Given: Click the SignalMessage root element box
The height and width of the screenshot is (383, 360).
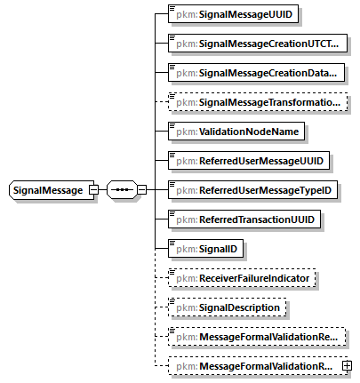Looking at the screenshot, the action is (x=52, y=190).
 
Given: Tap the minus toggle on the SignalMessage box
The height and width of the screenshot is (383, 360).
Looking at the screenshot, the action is (x=93, y=190).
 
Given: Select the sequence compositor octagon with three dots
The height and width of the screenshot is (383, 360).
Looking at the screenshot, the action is (x=122, y=190).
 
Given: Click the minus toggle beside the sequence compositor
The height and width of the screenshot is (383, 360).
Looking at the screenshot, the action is (x=142, y=190).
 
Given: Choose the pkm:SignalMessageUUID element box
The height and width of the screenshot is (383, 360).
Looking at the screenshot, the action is (x=233, y=14).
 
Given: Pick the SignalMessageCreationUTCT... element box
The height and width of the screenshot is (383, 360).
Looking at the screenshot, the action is (x=258, y=44).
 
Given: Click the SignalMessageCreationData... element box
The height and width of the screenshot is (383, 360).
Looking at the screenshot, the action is (x=256, y=73).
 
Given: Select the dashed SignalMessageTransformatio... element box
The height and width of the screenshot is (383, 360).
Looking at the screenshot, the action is (x=258, y=102).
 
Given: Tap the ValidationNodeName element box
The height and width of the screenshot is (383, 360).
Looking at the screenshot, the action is (x=236, y=132).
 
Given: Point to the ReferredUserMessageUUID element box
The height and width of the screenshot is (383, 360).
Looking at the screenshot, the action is (x=249, y=161).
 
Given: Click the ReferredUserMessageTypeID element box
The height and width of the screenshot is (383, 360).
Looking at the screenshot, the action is (x=252, y=190).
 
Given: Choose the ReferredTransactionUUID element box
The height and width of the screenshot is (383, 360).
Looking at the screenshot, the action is (x=244, y=219).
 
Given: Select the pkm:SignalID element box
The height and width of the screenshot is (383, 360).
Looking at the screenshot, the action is (x=205, y=249).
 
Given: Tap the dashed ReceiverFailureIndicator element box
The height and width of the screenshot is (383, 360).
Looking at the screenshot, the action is (x=242, y=278).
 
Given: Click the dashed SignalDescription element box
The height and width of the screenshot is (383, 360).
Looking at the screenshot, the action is (x=227, y=307).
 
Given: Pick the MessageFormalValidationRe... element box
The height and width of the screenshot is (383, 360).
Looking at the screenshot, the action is (x=257, y=337).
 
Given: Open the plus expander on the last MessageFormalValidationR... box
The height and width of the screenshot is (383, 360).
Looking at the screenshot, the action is (x=347, y=366).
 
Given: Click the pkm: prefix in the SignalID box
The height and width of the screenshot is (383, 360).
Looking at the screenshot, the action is (x=187, y=249).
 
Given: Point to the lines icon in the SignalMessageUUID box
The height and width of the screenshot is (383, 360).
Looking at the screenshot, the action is (x=172, y=8).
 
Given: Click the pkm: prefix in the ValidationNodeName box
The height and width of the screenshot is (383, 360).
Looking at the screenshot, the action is (x=187, y=132).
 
